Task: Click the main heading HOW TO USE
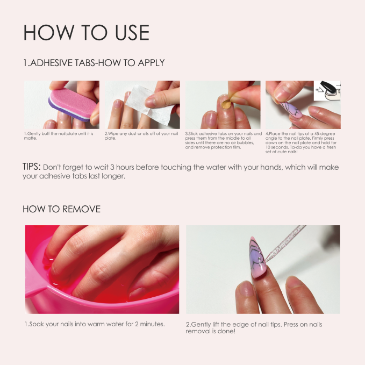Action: tap(87, 32)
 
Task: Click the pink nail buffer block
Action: tap(73, 104)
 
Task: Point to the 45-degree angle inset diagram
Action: tap(327, 91)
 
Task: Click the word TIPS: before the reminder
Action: tap(31, 167)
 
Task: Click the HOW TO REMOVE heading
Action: tap(61, 209)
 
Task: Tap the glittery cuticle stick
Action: tap(285, 244)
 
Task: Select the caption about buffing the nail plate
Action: tap(59, 135)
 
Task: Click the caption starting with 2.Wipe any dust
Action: tap(141, 135)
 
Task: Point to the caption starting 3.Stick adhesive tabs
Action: tap(224, 140)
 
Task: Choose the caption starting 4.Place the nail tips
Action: tap(300, 142)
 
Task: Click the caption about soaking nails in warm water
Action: tap(95, 324)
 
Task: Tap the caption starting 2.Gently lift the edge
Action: tap(254, 327)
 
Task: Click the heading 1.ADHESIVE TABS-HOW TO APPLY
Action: tap(94, 63)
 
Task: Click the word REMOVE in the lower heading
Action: tap(81, 209)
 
